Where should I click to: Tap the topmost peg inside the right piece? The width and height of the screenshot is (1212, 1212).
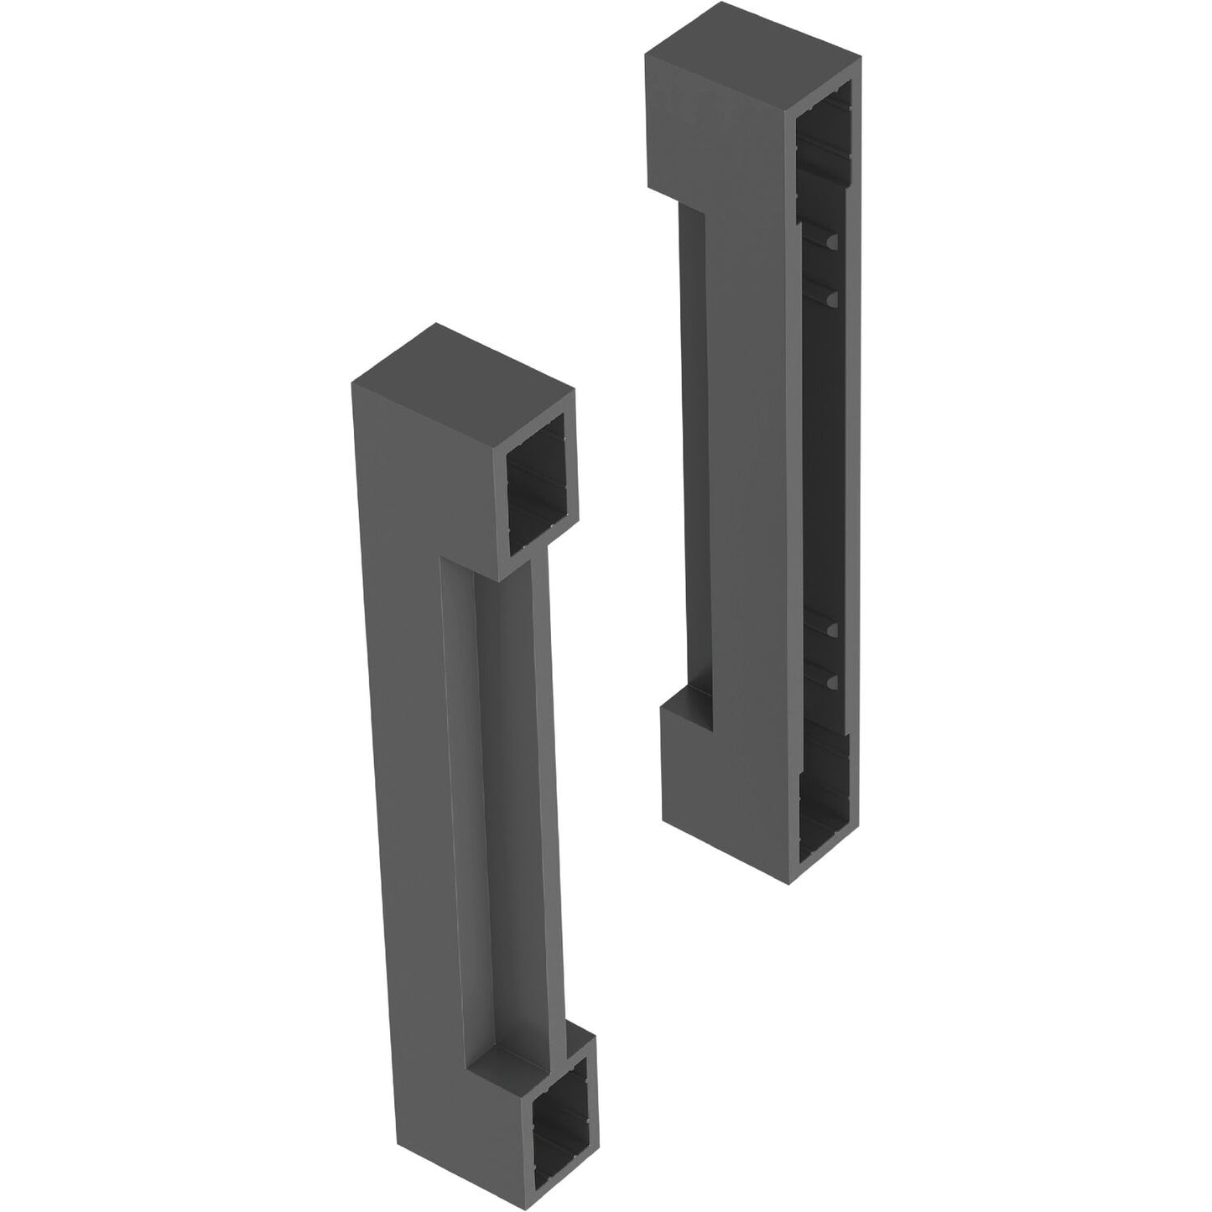pyautogui.click(x=831, y=242)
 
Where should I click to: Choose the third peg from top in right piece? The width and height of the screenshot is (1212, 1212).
pyautogui.click(x=831, y=629)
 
